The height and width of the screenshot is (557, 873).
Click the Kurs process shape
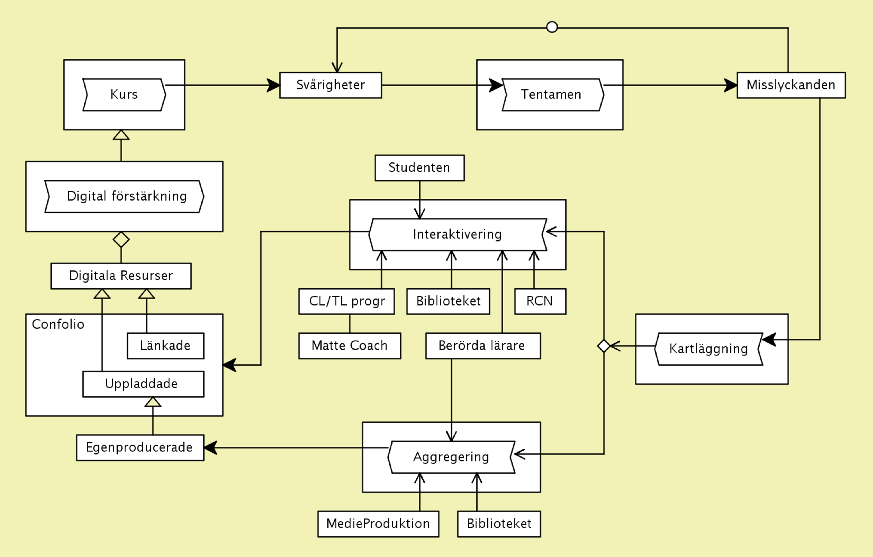[124, 95]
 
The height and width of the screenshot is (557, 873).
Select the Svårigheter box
[330, 85]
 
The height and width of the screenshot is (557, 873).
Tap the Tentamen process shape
[553, 95]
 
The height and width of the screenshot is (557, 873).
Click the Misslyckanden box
[791, 85]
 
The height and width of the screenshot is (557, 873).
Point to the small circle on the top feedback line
[552, 27]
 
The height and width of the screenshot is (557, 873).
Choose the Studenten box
[419, 168]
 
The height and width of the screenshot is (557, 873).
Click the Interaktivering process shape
[458, 235]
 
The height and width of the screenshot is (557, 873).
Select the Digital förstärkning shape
[124, 196]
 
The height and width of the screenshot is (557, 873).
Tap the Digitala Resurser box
[121, 276]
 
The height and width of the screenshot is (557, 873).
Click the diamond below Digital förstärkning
[121, 239]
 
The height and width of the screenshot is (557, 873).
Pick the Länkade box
[165, 346]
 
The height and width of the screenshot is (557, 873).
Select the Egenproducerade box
[140, 448]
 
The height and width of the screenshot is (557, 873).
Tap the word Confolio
[58, 324]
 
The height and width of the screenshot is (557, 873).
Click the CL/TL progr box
[346, 301]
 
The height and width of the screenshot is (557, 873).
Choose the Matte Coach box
[349, 346]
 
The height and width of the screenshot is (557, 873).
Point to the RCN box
[540, 301]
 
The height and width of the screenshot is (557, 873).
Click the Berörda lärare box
[483, 346]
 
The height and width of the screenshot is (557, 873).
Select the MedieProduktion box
[378, 524]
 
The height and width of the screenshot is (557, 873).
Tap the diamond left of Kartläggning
[604, 346]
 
